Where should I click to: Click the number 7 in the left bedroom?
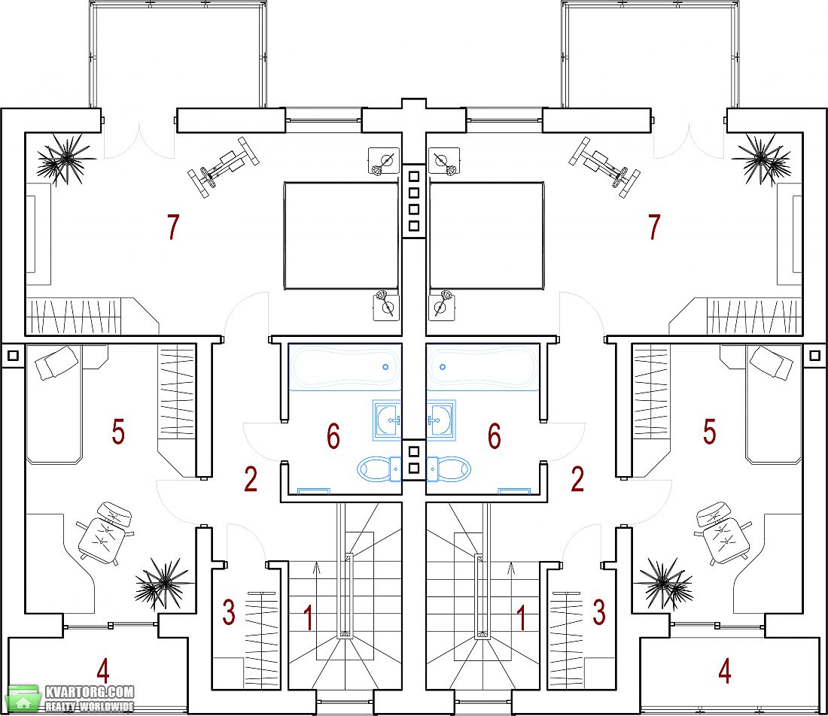(x=173, y=227)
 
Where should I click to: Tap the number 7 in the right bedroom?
(x=654, y=227)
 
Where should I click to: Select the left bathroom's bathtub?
(x=345, y=367)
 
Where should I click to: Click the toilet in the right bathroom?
(x=449, y=469)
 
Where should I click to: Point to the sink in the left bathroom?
(x=387, y=420)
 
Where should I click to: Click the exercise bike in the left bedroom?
(x=224, y=167)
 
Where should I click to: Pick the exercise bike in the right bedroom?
(x=604, y=167)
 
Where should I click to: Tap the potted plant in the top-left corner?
(x=65, y=159)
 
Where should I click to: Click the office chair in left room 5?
(x=105, y=533)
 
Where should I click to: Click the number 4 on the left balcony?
(x=103, y=671)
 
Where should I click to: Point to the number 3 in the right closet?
(x=599, y=612)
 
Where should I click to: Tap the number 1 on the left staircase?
(x=308, y=618)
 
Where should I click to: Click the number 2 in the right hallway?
(x=577, y=479)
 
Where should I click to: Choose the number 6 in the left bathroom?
(x=333, y=436)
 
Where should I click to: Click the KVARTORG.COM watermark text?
(x=90, y=692)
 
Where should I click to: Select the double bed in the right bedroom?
(x=486, y=236)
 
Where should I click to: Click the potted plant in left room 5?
(x=160, y=583)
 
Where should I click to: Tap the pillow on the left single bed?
(x=56, y=362)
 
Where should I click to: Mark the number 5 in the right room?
(x=709, y=432)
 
